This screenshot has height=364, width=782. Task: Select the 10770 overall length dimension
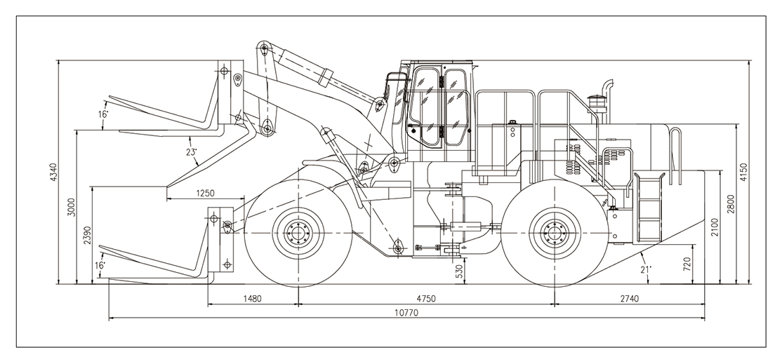(x=405, y=314)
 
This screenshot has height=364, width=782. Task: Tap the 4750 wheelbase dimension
(x=426, y=298)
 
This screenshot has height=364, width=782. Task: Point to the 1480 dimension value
(x=252, y=298)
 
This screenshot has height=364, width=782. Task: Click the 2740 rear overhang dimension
(x=629, y=298)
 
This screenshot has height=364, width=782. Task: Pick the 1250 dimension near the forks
(x=204, y=193)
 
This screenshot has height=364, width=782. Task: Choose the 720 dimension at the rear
(x=687, y=264)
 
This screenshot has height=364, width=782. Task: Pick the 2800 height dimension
(x=730, y=204)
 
